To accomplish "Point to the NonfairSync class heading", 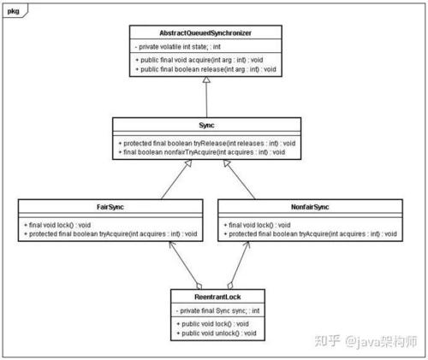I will tap(308, 207).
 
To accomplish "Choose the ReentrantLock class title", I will tap(217, 298).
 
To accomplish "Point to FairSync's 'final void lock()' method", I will tap(59, 225).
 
